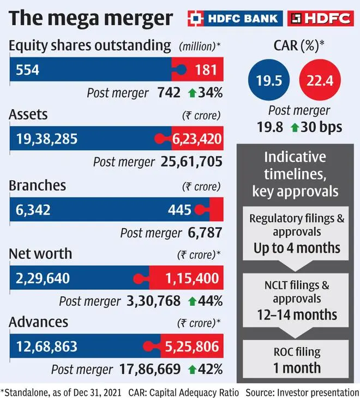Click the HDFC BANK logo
(x=236, y=18)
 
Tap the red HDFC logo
(x=321, y=18)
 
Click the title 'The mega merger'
(x=90, y=18)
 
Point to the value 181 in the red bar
(x=207, y=69)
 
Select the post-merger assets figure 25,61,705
(x=192, y=162)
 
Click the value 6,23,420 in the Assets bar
(x=197, y=139)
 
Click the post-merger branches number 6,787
(x=204, y=233)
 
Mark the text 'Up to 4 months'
(x=297, y=247)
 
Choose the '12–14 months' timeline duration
(x=297, y=314)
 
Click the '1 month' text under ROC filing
(x=297, y=367)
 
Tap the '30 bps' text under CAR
(x=321, y=127)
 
